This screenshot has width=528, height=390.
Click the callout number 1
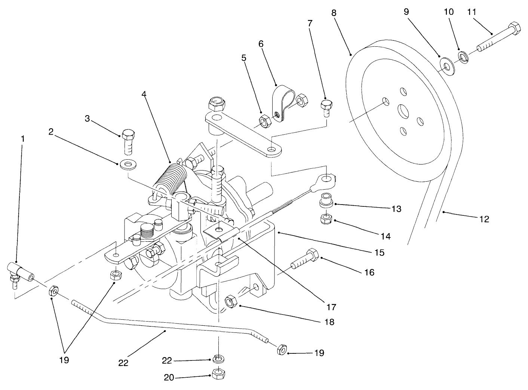(22, 139)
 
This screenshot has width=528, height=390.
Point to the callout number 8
(334, 12)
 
